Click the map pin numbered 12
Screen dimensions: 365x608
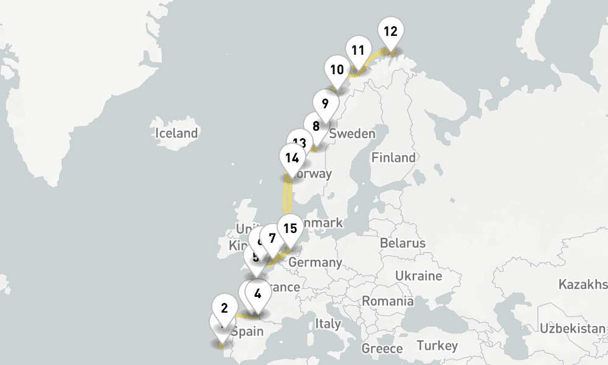[390, 32]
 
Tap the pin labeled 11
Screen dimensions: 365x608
[358, 50]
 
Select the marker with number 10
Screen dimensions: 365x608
[337, 69]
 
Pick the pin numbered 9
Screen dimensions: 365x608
[325, 103]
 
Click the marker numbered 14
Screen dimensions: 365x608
[292, 158]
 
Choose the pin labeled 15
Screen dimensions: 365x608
[291, 229]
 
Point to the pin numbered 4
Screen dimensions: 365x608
[258, 294]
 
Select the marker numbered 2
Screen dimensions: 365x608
[224, 308]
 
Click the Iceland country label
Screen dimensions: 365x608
[176, 133]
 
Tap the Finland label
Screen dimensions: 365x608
[393, 158]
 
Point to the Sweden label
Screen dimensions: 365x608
[352, 134]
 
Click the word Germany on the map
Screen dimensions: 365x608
[315, 263]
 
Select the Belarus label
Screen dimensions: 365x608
[402, 243]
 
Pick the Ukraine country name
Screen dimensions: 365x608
[418, 276]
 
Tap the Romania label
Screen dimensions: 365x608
[388, 301]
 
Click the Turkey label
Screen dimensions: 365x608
[437, 346]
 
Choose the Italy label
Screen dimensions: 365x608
[328, 324]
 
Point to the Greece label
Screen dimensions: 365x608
[382, 349]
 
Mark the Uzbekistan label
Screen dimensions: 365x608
[573, 328]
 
